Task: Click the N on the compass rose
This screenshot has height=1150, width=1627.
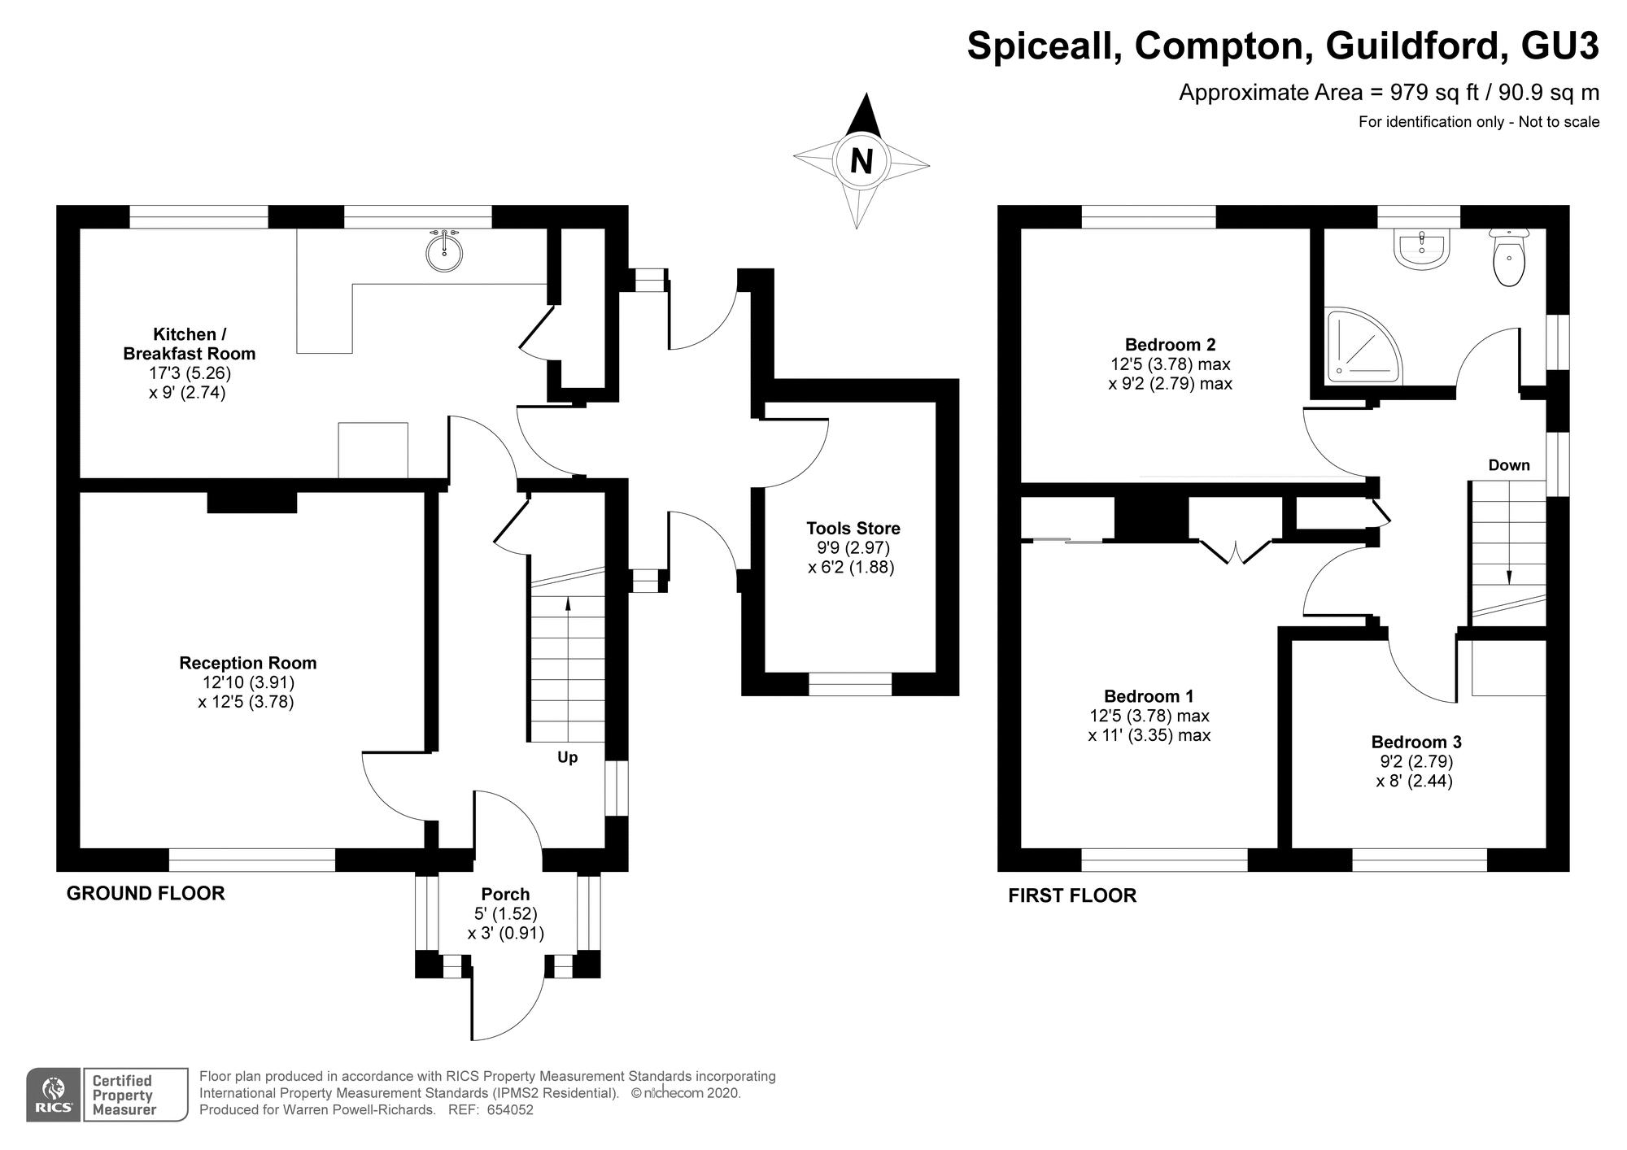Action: point(861,161)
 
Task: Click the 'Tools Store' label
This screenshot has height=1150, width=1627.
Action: point(853,529)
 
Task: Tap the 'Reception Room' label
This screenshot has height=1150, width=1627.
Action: point(247,663)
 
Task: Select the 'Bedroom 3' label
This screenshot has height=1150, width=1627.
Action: point(1415,742)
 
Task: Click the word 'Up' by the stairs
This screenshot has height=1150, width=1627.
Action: point(567,757)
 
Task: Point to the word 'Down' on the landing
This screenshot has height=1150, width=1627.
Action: point(1509,465)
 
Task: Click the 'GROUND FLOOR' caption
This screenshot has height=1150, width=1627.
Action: point(145,893)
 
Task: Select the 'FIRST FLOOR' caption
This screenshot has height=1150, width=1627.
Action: point(1071,895)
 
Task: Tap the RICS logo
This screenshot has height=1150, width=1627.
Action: point(54,1095)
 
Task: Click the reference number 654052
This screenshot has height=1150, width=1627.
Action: point(509,1110)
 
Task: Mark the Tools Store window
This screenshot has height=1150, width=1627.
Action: point(849,684)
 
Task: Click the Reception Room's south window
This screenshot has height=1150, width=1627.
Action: point(252,860)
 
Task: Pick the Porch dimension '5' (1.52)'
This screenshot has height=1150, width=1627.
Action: point(505,913)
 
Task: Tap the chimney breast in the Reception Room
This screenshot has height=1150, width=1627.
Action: point(251,502)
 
